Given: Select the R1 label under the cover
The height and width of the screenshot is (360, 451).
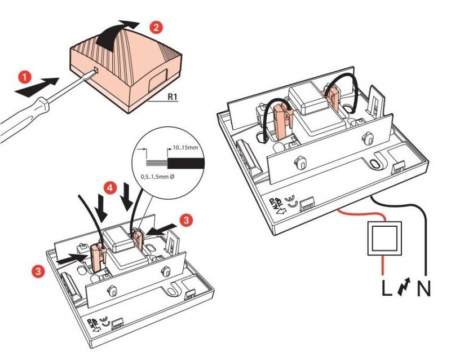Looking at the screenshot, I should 173,96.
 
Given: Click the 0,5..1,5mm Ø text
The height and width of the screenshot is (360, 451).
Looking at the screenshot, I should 157,177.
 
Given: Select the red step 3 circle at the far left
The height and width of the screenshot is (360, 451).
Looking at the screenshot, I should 37,271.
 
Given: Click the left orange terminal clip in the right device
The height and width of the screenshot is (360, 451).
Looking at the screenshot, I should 280,120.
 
